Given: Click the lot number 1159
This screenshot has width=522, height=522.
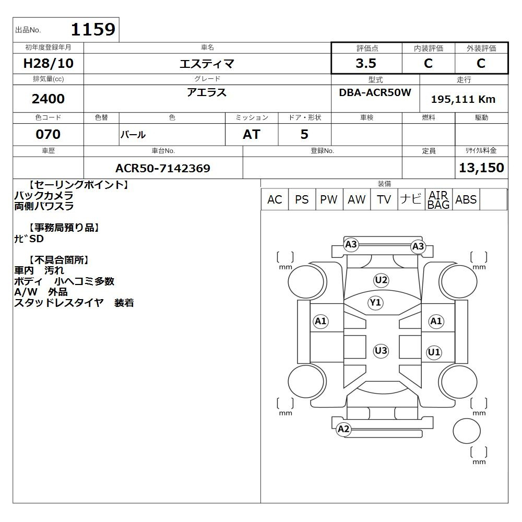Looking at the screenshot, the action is (93, 29).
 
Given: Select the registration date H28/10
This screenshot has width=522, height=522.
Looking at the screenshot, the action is (48, 63).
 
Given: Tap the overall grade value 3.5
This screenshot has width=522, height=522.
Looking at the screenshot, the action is (366, 63).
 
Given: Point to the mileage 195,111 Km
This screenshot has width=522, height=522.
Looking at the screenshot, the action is (463, 99).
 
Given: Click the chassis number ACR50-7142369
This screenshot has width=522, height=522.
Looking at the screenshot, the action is (163, 168).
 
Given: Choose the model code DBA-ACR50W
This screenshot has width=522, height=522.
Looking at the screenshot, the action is (375, 92).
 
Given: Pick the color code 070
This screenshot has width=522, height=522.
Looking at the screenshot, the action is (48, 134).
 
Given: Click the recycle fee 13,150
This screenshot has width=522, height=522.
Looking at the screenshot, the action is (481, 168).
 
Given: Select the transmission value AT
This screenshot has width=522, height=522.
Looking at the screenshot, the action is (252, 134).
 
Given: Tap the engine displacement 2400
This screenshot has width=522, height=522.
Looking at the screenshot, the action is (48, 99).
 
